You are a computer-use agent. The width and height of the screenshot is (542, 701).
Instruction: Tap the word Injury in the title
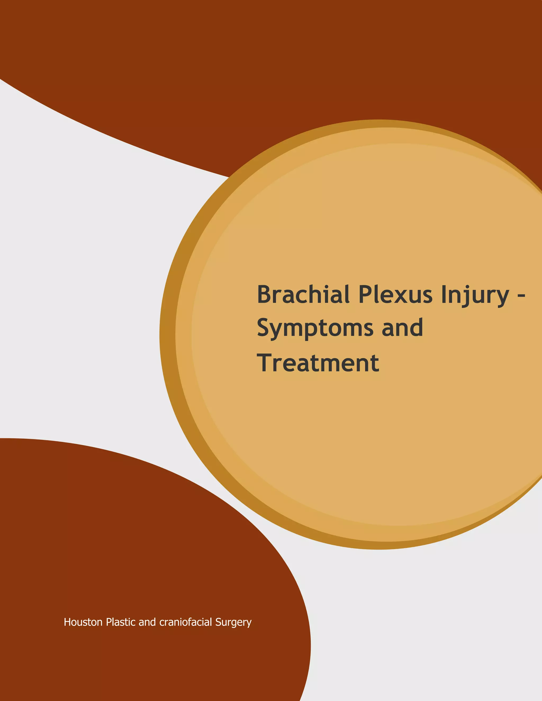point(475,295)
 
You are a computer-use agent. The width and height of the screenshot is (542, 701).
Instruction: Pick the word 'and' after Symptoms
point(402,328)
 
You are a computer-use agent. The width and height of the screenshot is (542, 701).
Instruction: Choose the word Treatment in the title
point(318,363)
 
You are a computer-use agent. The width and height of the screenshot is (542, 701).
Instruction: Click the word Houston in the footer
point(83,622)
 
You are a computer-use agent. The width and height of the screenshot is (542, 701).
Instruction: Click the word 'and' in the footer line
point(147,622)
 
